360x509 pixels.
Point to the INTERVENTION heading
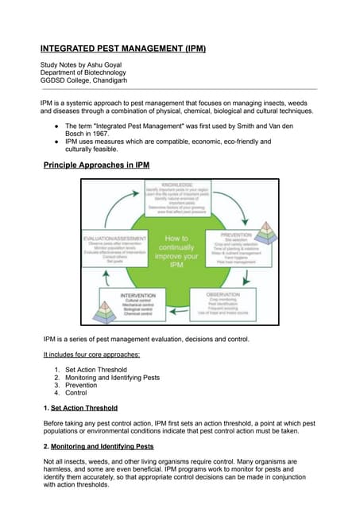pos(139,295)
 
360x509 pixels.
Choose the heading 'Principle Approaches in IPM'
pos(96,165)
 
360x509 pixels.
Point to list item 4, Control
pos(75,393)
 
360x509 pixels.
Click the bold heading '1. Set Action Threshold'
pos(80,408)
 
